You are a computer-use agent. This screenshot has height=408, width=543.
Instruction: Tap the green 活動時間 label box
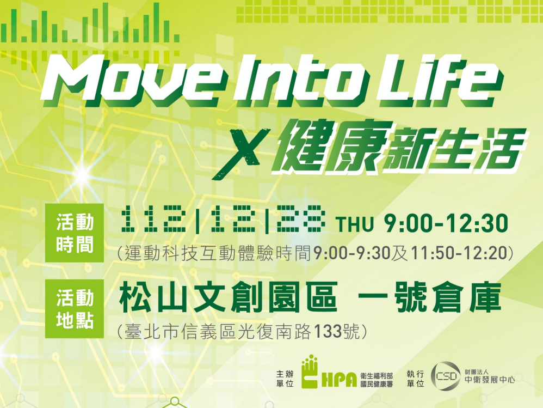pyautogui.click(x=75, y=233)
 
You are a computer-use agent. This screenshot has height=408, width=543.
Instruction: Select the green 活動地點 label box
pyautogui.click(x=75, y=308)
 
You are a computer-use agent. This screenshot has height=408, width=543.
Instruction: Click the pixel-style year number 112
pyautogui.click(x=154, y=219)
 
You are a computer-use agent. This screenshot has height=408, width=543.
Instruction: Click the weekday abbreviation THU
pyautogui.click(x=355, y=224)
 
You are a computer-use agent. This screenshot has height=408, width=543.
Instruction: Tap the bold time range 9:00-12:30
pyautogui.click(x=446, y=223)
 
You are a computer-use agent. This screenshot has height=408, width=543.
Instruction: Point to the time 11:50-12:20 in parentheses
pyautogui.click(x=459, y=253)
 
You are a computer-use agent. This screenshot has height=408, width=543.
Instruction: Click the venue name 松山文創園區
pyautogui.click(x=229, y=297)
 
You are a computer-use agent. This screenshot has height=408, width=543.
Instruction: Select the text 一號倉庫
pyautogui.click(x=429, y=297)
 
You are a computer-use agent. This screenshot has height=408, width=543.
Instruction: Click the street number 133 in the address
pyautogui.click(x=327, y=331)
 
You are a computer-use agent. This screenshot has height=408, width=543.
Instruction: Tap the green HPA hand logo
pyautogui.click(x=310, y=372)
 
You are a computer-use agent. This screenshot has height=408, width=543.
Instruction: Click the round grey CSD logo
pyautogui.click(x=446, y=376)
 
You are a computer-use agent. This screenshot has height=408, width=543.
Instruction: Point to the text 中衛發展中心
pyautogui.click(x=489, y=380)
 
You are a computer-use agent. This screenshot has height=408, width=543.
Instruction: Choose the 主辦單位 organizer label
pyautogui.click(x=285, y=379)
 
